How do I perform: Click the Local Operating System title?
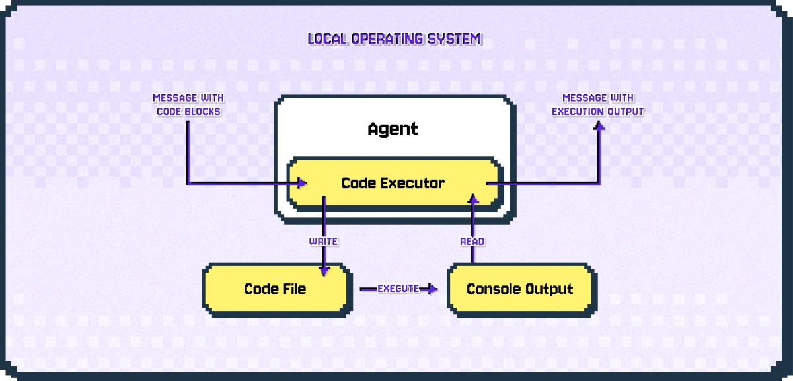[x=395, y=39]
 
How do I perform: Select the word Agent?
[x=393, y=129]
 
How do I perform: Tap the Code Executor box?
[x=393, y=183]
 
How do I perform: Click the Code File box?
[x=275, y=289]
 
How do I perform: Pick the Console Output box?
[x=519, y=289]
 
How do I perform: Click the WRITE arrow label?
[x=323, y=242]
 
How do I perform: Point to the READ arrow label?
[x=472, y=242]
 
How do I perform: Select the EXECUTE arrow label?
[x=398, y=289]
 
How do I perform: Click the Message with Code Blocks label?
[x=188, y=104]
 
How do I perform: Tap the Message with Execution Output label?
[x=598, y=104]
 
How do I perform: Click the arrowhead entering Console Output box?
[x=433, y=289]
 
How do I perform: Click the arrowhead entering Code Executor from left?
[x=302, y=183]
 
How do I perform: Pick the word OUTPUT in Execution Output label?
[x=625, y=111]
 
